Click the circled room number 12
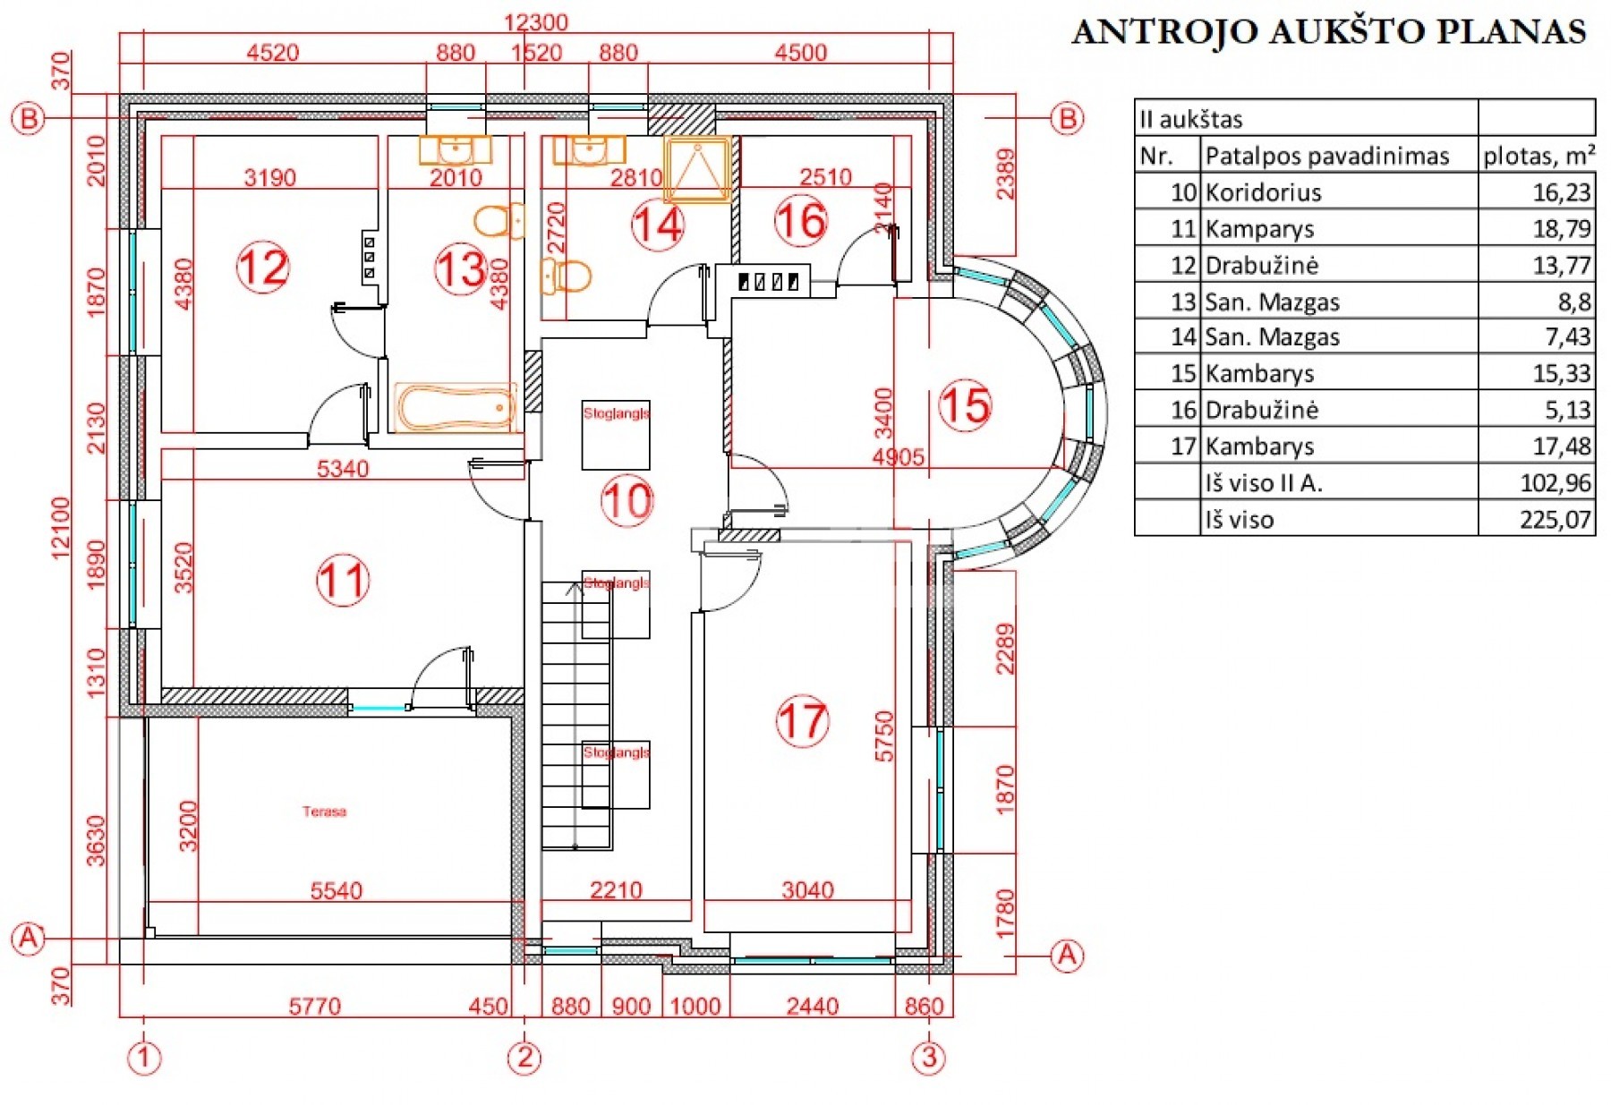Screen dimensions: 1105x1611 tap(263, 267)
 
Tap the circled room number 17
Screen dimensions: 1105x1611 tap(802, 721)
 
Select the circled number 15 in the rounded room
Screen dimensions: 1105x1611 tap(965, 405)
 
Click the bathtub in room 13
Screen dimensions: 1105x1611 tap(456, 408)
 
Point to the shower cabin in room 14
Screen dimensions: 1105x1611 tap(696, 169)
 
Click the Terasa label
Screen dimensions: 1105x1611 tap(324, 812)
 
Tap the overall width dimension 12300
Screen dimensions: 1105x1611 tap(535, 22)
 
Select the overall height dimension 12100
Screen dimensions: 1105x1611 tap(61, 528)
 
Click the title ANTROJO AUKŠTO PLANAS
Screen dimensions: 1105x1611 tap(1328, 31)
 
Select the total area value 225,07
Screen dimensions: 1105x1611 tap(1555, 520)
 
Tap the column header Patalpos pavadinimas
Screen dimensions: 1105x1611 tap(1326, 156)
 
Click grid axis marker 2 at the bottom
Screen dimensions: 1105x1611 tap(524, 1058)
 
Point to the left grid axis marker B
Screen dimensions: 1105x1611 tap(28, 118)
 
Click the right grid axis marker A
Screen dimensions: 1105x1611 tap(1067, 956)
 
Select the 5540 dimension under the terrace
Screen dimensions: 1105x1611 tap(336, 890)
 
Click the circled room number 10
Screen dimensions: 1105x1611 tap(626, 500)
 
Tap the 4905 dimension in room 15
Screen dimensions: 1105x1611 tap(898, 457)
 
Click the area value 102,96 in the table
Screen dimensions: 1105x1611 tap(1555, 483)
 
